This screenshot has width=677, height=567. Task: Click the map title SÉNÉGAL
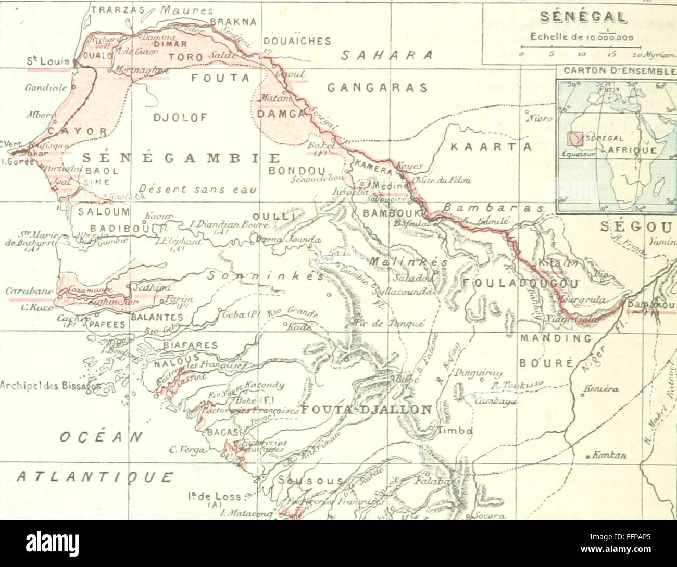click(x=583, y=17)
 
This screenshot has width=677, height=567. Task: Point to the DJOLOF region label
click(x=181, y=118)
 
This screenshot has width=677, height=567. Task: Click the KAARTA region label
click(x=490, y=147)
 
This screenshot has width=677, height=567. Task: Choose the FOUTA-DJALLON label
click(x=367, y=409)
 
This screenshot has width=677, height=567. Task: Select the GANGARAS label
click(x=377, y=88)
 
